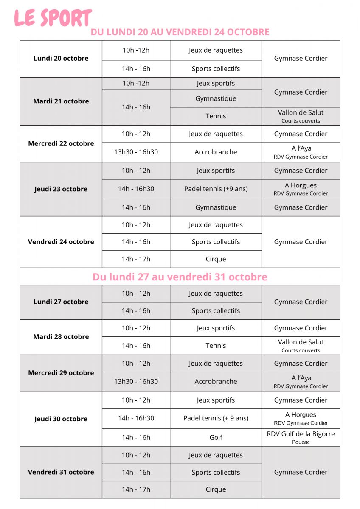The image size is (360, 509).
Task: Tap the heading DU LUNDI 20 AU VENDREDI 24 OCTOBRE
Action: (180, 32)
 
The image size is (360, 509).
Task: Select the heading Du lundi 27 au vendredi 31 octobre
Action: (180, 277)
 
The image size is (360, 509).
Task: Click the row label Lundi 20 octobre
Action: (61, 59)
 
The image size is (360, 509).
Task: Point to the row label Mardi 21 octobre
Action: (61, 101)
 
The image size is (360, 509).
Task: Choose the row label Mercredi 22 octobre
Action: (61, 144)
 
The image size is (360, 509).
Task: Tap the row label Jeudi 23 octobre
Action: (61, 189)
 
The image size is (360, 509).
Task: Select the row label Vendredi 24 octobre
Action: (61, 242)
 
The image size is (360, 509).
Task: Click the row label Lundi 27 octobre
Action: (61, 302)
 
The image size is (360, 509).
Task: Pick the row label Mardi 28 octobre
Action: (61, 337)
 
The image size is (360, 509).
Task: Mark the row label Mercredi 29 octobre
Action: (61, 373)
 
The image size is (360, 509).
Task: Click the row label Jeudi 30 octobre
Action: (61, 419)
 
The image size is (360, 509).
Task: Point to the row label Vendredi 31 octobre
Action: (61, 472)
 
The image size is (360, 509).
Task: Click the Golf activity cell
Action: (216, 438)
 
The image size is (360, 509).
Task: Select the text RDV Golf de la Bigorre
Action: (301, 434)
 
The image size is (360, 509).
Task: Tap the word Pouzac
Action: (301, 442)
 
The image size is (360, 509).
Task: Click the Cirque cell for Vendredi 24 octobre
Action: (216, 259)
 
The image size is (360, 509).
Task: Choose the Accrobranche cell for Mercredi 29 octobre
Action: (216, 381)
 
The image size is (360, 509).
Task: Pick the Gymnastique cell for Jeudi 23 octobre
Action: (216, 207)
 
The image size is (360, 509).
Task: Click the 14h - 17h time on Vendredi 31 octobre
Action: (136, 489)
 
